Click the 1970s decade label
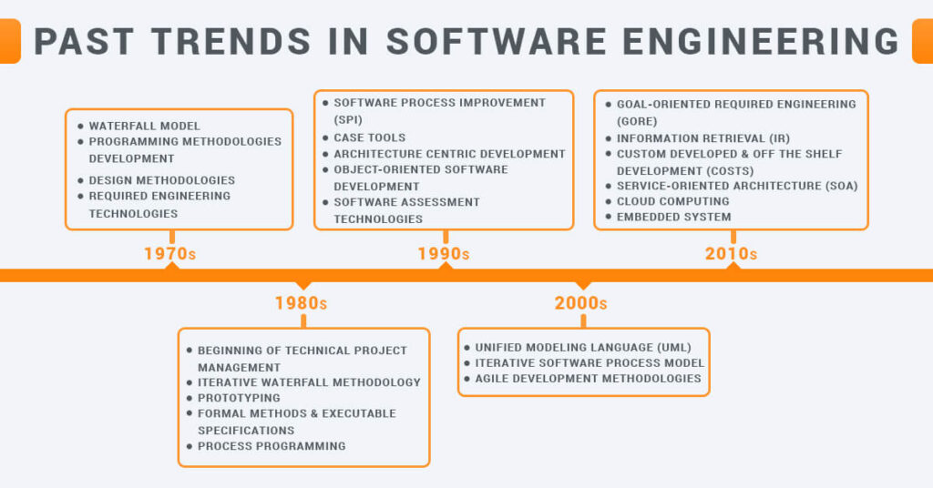click(x=169, y=254)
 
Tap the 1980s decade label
click(x=301, y=303)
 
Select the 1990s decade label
click(x=444, y=254)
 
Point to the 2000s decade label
click(x=580, y=303)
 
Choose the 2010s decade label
click(x=731, y=254)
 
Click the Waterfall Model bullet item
click(x=144, y=126)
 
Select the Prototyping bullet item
click(x=239, y=398)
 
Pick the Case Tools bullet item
click(x=369, y=137)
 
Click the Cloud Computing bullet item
click(x=672, y=201)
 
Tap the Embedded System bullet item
click(x=673, y=217)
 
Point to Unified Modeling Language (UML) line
click(x=583, y=347)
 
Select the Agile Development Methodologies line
click(x=588, y=378)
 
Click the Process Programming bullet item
click(x=272, y=446)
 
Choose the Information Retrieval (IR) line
click(x=703, y=138)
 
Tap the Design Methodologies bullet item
click(x=161, y=180)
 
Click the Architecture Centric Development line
click(x=449, y=154)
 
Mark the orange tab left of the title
click(x=9, y=42)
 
